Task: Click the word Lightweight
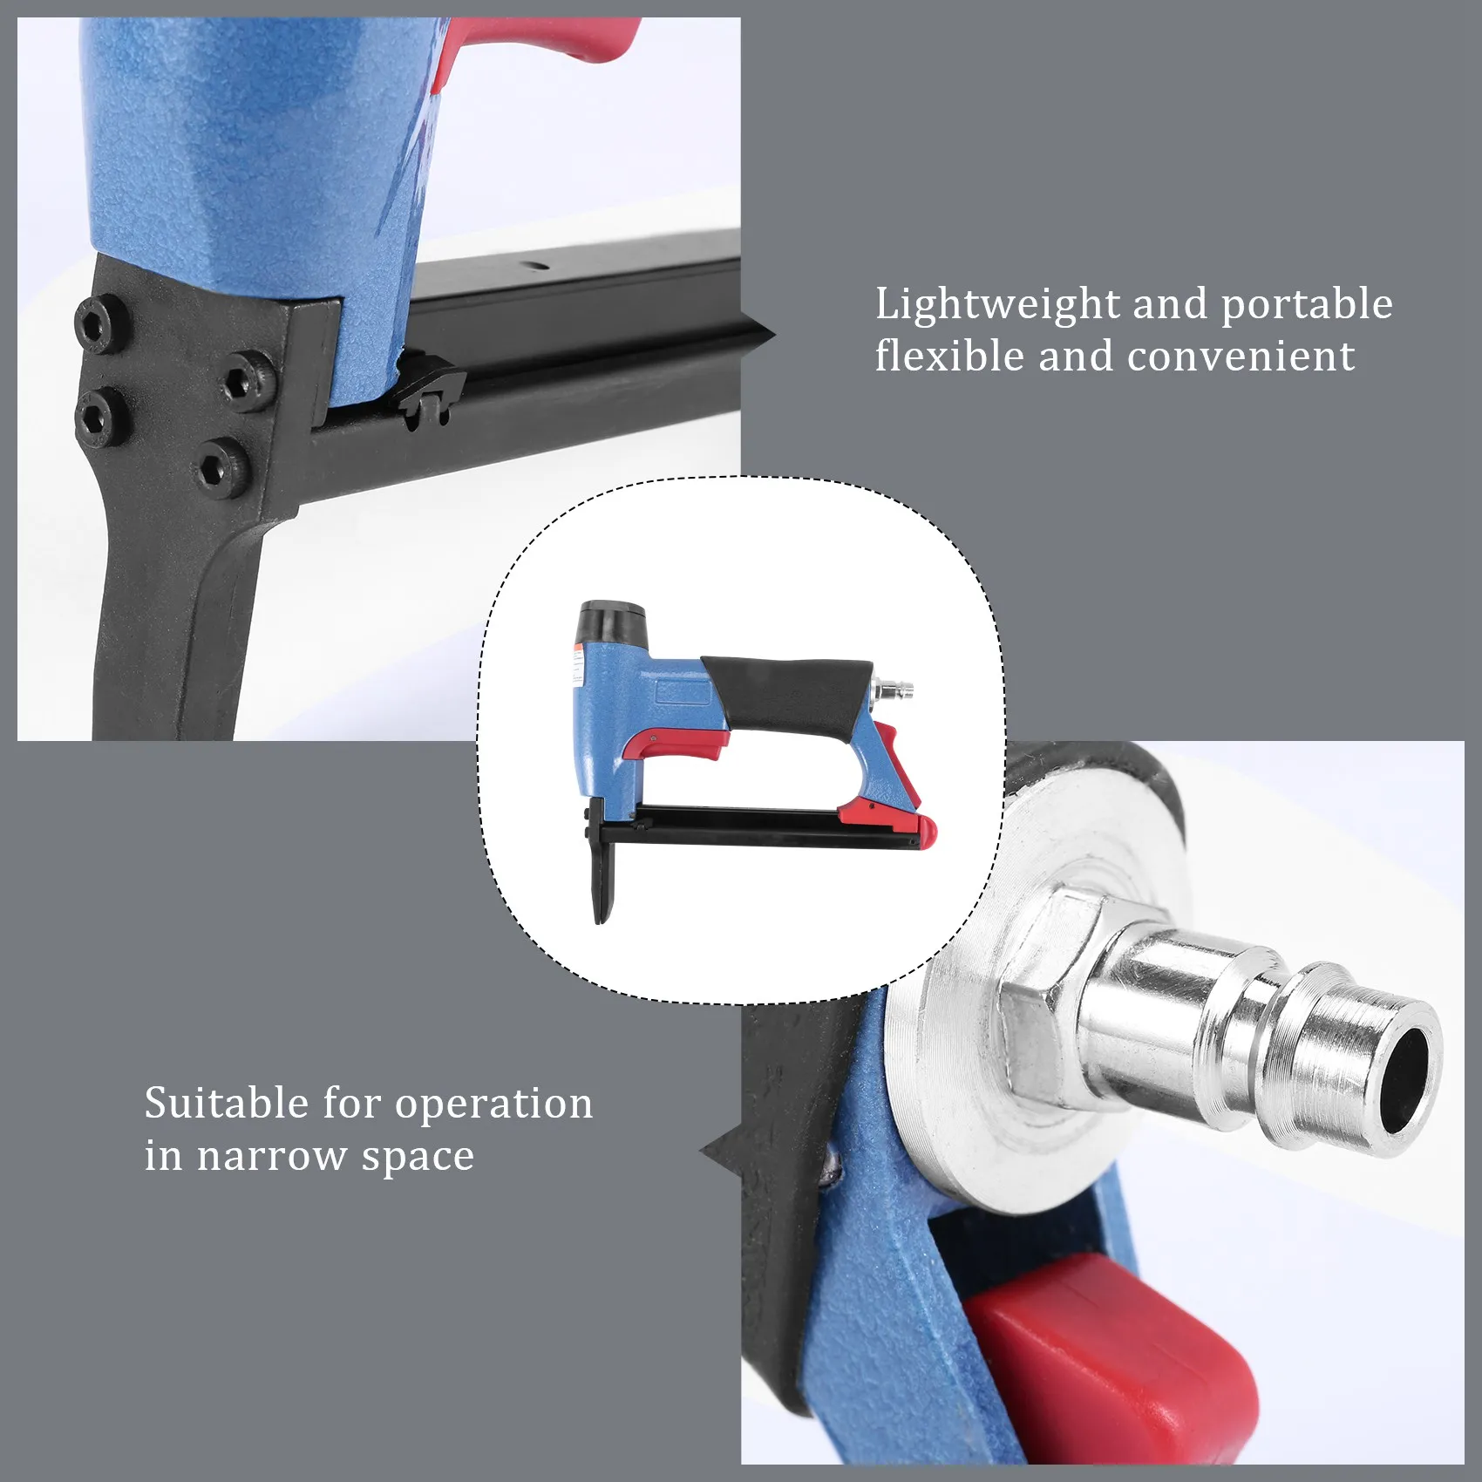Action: tap(996, 305)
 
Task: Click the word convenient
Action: tap(1241, 357)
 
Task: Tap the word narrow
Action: tap(271, 1157)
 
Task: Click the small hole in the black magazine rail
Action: tap(534, 266)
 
